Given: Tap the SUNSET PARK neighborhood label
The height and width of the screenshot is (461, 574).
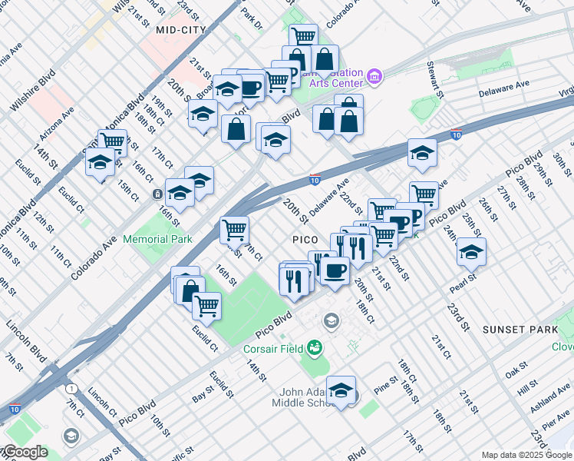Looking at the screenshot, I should (x=520, y=330).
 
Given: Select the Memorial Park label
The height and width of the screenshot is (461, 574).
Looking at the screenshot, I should (x=157, y=240).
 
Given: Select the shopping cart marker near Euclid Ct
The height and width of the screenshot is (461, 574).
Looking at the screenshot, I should (x=206, y=305).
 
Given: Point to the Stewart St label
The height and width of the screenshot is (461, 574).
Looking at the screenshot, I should (x=437, y=80).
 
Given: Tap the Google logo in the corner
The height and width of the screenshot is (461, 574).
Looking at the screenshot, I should (x=25, y=452).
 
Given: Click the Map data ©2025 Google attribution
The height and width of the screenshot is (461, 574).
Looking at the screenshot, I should (x=526, y=455).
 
